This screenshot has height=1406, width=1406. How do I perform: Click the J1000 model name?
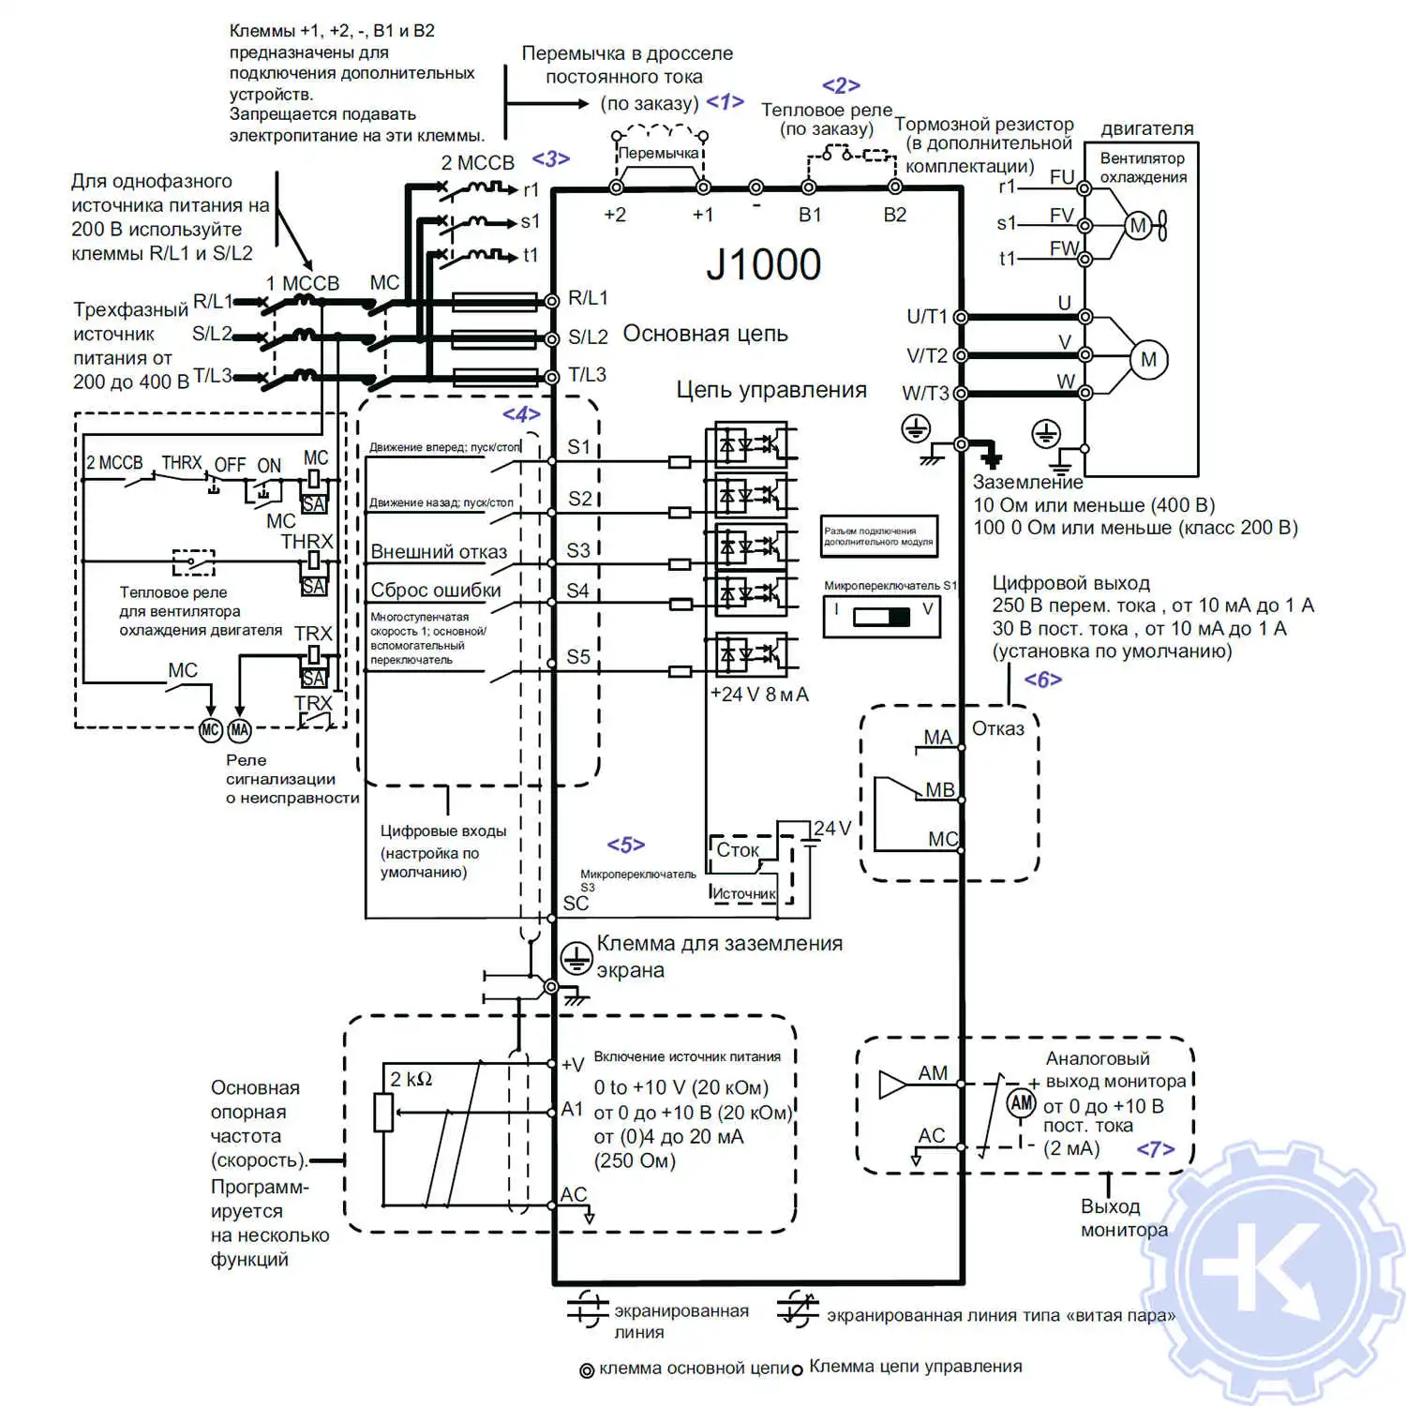763,265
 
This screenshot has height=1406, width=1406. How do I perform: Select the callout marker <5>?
625,845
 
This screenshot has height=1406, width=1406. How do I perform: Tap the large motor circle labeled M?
1148,360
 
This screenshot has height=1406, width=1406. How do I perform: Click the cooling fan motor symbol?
1138,226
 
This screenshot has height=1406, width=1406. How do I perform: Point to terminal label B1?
810,215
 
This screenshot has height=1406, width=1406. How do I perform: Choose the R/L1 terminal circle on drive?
552,301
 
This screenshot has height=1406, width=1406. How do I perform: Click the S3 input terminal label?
578,550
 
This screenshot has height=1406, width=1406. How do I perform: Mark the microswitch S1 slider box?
881,616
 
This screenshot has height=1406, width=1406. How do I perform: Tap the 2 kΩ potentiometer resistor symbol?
383,1112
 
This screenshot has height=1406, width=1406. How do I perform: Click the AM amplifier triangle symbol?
892,1085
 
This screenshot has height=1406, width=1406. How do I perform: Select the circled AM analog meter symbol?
1021,1103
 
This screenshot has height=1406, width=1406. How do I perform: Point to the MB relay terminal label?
939,790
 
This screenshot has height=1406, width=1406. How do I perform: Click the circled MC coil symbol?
211,730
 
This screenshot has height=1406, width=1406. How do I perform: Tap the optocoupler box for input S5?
751,655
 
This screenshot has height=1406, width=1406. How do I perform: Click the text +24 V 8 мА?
759,695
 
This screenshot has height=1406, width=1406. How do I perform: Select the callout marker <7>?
1155,1149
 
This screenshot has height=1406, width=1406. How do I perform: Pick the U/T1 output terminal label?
927,317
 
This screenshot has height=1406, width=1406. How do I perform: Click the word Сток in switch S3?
738,850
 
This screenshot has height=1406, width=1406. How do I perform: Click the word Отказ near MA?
997,729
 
